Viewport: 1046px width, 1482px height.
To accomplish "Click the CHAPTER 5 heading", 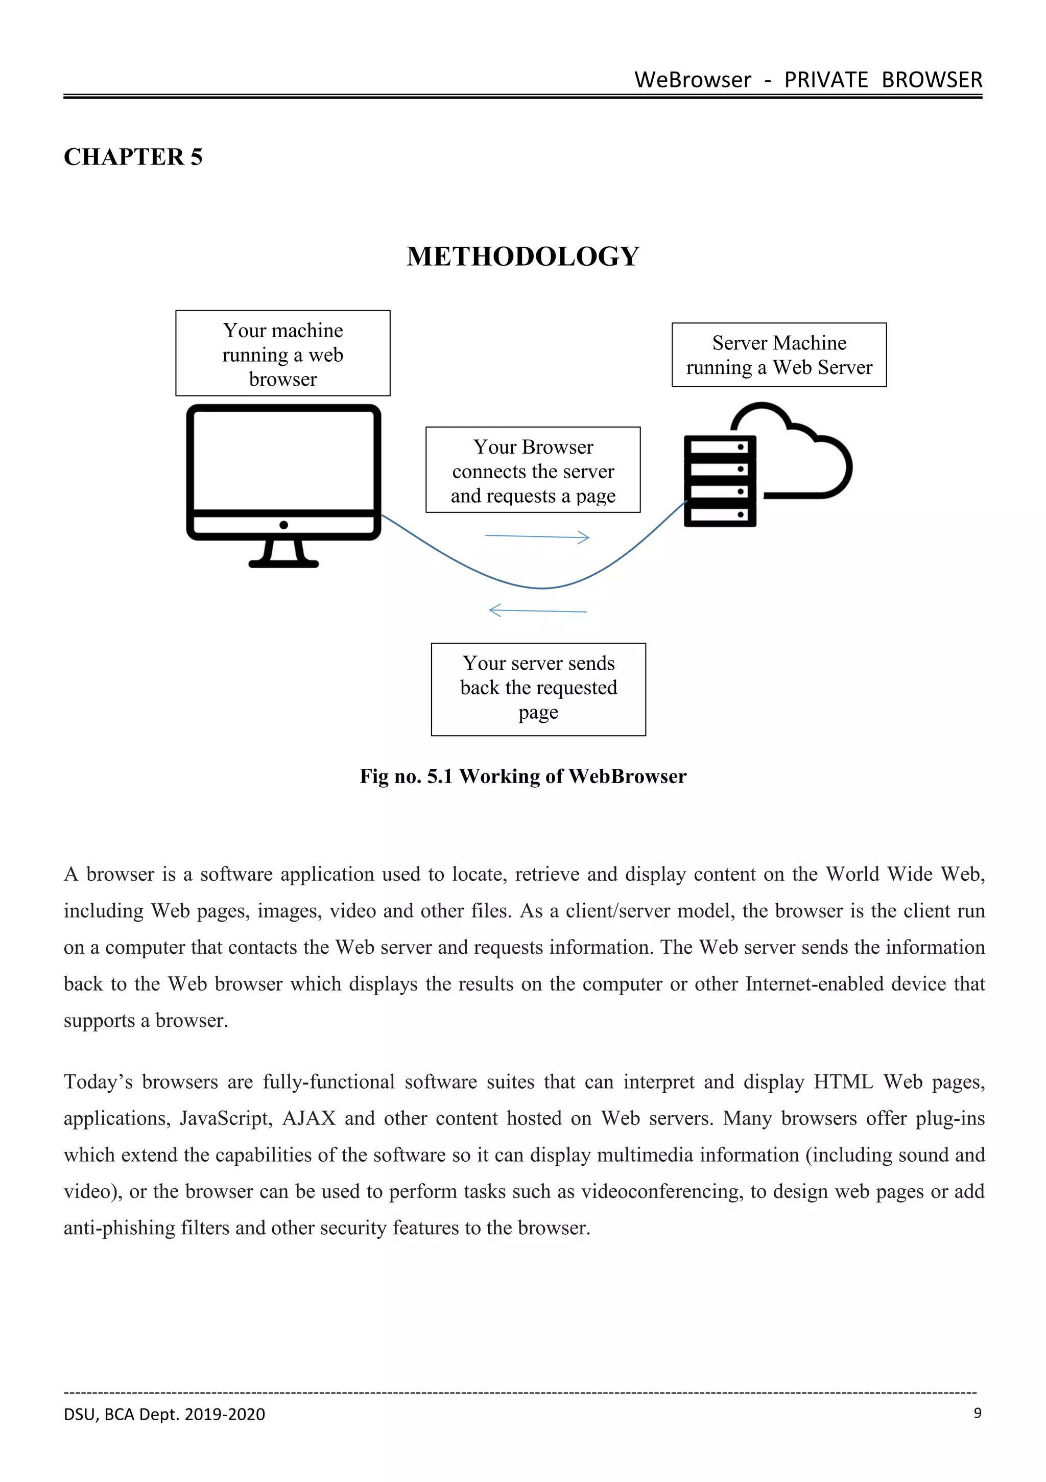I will (x=133, y=157).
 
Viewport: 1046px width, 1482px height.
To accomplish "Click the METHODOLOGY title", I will (x=522, y=256).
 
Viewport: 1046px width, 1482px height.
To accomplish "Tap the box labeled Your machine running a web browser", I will (x=282, y=354).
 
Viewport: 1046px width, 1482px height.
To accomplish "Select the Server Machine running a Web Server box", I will (x=779, y=355).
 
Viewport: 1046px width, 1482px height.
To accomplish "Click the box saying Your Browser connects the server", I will (x=533, y=470).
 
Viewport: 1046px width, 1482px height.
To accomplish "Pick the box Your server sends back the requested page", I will (x=538, y=689).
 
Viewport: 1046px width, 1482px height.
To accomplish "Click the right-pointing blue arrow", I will (x=537, y=536).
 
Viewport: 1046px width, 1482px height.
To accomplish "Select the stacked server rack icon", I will (x=720, y=481).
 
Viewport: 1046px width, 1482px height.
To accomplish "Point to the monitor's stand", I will (x=283, y=554).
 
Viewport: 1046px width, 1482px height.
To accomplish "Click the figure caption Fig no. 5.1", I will (x=522, y=776).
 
